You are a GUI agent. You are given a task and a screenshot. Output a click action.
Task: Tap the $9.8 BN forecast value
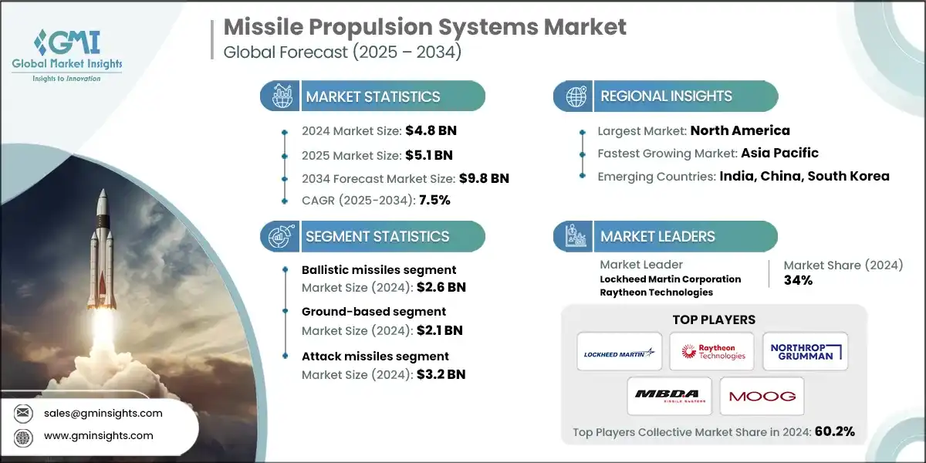pyautogui.click(x=483, y=178)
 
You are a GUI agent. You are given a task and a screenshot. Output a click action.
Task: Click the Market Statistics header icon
pyautogui.click(x=280, y=96)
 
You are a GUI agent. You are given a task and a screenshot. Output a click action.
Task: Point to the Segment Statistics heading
pyautogui.click(x=377, y=236)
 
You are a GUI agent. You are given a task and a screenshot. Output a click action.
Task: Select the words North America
pyautogui.click(x=739, y=130)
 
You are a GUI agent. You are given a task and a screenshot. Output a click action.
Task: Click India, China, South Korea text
pyautogui.click(x=804, y=176)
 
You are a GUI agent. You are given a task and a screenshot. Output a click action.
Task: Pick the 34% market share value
pyautogui.click(x=799, y=280)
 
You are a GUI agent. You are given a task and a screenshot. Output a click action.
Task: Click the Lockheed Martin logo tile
pyautogui.click(x=619, y=352)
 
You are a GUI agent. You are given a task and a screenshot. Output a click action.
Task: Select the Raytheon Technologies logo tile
pyautogui.click(x=711, y=352)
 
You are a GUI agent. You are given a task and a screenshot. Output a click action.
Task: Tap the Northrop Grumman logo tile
pyautogui.click(x=805, y=352)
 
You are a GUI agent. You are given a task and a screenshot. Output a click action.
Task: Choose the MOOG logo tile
pyautogui.click(x=762, y=397)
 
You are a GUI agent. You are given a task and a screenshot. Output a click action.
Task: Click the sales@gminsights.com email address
pyautogui.click(x=103, y=413)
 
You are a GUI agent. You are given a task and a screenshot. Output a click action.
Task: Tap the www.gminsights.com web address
pyautogui.click(x=99, y=436)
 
